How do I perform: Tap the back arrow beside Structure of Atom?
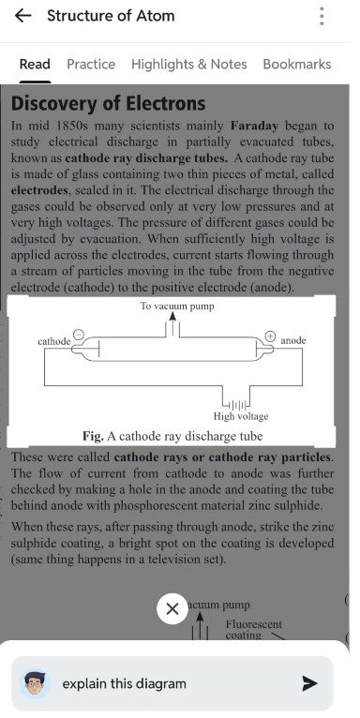pos(22,16)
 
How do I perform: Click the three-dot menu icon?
pos(322,16)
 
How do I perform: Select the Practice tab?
pos(91,64)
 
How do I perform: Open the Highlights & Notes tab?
pos(188,64)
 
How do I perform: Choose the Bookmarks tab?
pos(297,64)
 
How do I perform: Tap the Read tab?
pos(35,64)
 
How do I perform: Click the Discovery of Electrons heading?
pos(108,103)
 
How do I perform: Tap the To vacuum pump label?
pos(177,306)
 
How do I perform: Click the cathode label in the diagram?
pos(54,341)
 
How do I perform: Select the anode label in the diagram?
pos(293,340)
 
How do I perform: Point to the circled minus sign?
pos(78,336)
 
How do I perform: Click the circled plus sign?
pos(271,337)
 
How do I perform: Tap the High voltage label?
pos(241,417)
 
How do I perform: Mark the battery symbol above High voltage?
pos(236,405)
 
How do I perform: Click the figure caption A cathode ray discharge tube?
pos(185,436)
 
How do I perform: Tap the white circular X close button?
pos(172,608)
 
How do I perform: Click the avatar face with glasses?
pos(36,683)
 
